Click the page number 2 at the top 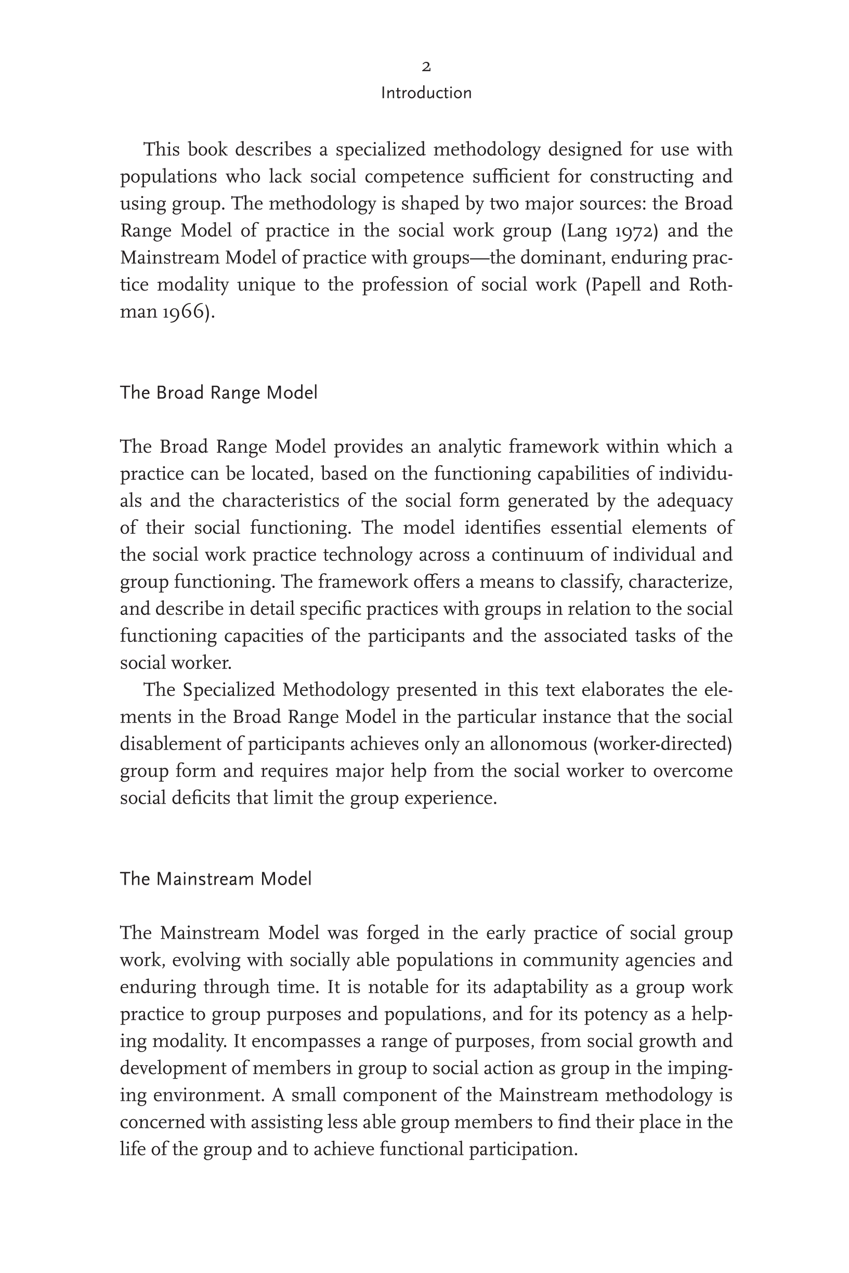click(x=426, y=67)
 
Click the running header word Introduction click(x=426, y=93)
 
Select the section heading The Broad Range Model click(x=218, y=393)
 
